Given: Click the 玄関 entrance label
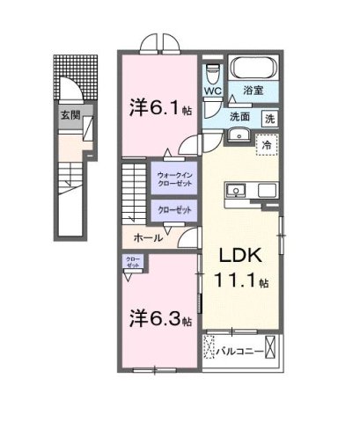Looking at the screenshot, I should pyautogui.click(x=68, y=114).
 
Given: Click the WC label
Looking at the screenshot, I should pyautogui.click(x=213, y=91).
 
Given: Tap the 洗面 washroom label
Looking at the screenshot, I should pyautogui.click(x=242, y=116).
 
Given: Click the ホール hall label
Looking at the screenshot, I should pyautogui.click(x=147, y=237).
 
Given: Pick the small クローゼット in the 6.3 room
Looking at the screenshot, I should pyautogui.click(x=133, y=262).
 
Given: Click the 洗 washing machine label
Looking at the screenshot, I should pyautogui.click(x=270, y=117).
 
